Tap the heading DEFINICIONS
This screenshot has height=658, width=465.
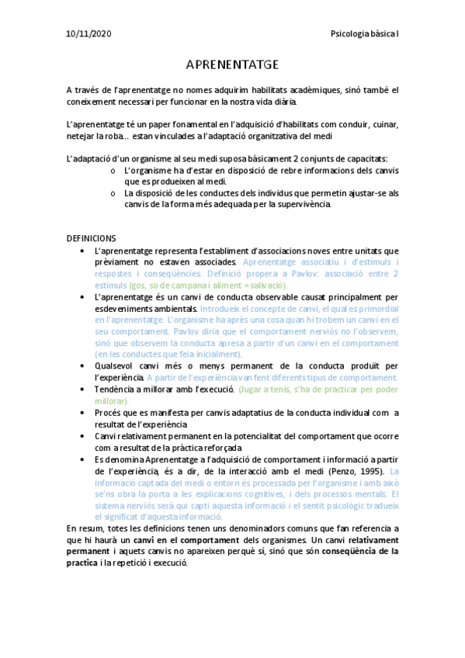[x=91, y=238]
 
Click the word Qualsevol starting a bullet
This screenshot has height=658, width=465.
[x=116, y=365]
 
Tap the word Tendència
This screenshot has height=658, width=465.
[x=115, y=390]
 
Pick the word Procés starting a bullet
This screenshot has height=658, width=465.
[x=108, y=414]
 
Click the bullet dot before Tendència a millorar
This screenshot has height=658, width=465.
[x=83, y=390]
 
